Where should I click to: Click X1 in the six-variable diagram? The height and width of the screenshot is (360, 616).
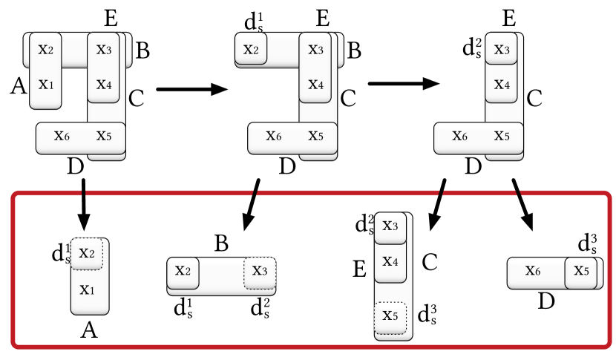(46, 85)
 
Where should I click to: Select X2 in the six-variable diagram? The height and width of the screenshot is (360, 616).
(46, 50)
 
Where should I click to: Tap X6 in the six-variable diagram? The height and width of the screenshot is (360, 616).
(62, 136)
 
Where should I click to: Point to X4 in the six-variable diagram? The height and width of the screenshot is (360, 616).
(104, 85)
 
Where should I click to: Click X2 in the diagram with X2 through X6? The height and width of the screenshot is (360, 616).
(251, 50)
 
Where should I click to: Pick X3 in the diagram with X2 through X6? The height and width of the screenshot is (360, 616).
(315, 50)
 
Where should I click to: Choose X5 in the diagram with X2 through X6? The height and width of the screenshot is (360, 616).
(315, 136)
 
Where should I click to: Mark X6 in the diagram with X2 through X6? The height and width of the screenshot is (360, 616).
(274, 136)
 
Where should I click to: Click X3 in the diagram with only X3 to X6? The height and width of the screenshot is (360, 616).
(502, 50)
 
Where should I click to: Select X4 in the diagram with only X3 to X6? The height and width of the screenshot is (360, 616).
(502, 85)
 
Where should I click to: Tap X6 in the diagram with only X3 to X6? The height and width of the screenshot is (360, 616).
(460, 136)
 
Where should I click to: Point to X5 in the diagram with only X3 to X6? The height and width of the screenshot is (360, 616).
(502, 136)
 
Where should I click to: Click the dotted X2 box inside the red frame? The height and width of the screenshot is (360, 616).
(87, 254)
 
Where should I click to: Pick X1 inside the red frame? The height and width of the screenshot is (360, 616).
(87, 289)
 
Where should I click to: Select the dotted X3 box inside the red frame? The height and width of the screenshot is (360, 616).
(260, 271)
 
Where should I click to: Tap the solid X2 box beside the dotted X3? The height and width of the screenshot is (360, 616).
(183, 271)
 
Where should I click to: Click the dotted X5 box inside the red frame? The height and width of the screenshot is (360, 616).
(390, 316)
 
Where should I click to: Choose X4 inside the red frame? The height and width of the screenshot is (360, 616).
(390, 261)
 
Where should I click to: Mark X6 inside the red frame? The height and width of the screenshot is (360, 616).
(533, 271)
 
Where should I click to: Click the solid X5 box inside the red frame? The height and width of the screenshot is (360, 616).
(580, 272)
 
